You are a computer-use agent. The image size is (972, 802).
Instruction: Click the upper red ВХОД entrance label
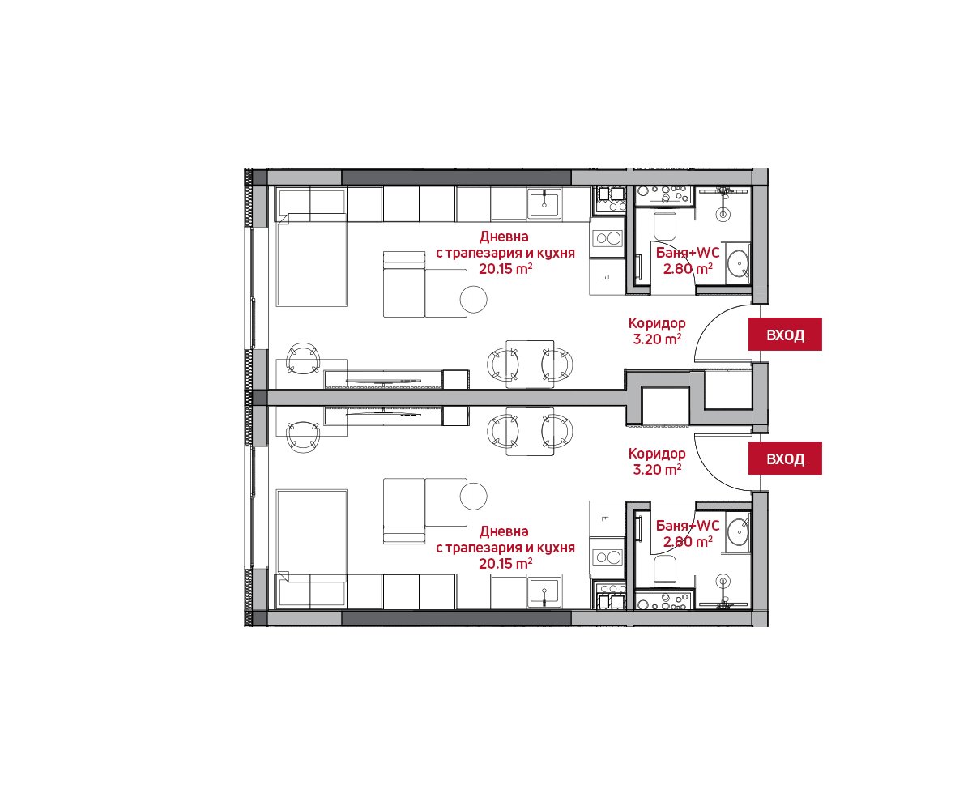pyautogui.click(x=784, y=334)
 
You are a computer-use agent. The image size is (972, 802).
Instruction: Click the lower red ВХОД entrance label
pyautogui.click(x=784, y=458)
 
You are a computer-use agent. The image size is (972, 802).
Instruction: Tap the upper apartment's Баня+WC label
pyautogui.click(x=687, y=253)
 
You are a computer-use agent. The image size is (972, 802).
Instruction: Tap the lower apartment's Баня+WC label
pyautogui.click(x=687, y=526)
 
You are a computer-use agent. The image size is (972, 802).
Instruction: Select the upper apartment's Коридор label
pyautogui.click(x=656, y=322)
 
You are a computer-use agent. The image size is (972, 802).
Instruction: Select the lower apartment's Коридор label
pyautogui.click(x=656, y=453)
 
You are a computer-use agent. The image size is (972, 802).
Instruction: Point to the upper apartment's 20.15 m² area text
pyautogui.click(x=505, y=269)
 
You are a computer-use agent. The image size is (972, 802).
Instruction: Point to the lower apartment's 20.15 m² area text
pyautogui.click(x=505, y=564)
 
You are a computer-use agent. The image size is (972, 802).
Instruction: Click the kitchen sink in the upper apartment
pyautogui.click(x=544, y=203)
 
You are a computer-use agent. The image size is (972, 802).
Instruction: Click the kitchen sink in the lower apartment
pyautogui.click(x=544, y=591)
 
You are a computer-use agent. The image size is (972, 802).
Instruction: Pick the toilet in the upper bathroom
pyautogui.click(x=664, y=225)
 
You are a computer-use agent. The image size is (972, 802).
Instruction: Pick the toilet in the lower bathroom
pyautogui.click(x=664, y=570)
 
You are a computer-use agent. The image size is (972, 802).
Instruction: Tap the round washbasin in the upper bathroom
pyautogui.click(x=738, y=262)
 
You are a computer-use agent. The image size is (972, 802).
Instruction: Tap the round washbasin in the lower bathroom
pyautogui.click(x=738, y=531)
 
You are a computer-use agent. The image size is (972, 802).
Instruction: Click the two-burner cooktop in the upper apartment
pyautogui.click(x=607, y=238)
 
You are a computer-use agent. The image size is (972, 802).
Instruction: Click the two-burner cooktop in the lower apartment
pyautogui.click(x=607, y=557)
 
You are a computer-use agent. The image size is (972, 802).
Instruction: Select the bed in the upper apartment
pyautogui.click(x=311, y=259)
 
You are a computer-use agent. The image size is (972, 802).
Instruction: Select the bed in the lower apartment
pyautogui.click(x=311, y=535)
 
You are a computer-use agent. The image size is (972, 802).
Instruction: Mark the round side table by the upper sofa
pyautogui.click(x=473, y=299)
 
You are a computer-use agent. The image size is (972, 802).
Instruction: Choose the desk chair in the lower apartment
pyautogui.click(x=303, y=437)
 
